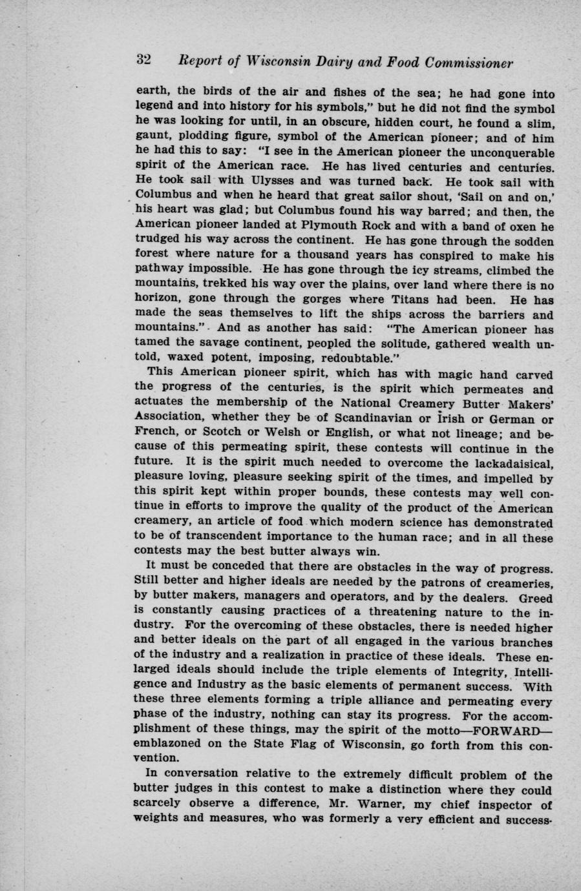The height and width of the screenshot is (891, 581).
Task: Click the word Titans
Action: (413, 300)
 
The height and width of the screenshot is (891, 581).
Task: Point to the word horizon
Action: (158, 300)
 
